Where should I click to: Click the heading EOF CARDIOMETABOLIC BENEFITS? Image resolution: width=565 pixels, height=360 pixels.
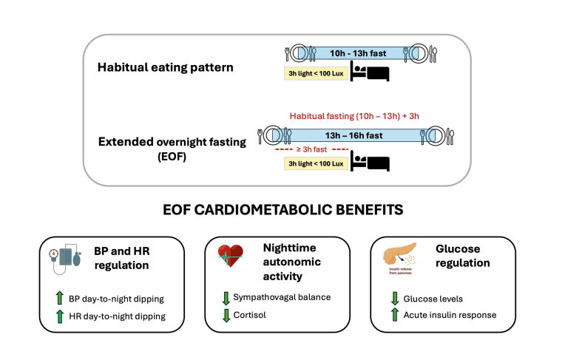click(282, 210)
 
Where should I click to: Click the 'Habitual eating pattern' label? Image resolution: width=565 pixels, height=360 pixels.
click(165, 67)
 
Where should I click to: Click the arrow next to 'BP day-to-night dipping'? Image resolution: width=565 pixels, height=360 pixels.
click(61, 299)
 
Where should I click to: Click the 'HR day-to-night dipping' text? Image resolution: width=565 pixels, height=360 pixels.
click(118, 316)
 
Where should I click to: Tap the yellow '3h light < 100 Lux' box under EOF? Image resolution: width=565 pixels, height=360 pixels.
click(315, 163)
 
